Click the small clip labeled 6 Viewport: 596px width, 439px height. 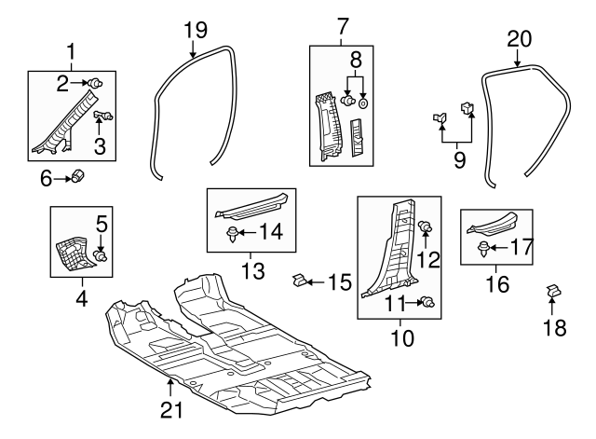click(x=80, y=175)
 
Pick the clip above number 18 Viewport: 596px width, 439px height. click(x=552, y=293)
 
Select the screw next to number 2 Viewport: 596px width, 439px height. click(x=95, y=84)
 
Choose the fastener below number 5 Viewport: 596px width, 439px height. click(x=102, y=253)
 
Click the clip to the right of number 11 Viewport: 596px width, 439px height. click(x=429, y=301)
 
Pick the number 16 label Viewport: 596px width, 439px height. click(x=497, y=282)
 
